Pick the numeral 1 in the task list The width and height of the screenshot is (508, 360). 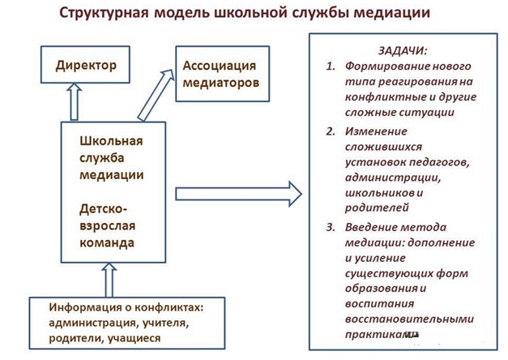pos(331,66)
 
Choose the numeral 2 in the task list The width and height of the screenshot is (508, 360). pos(331,131)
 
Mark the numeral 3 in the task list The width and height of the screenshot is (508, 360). pos(331,227)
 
